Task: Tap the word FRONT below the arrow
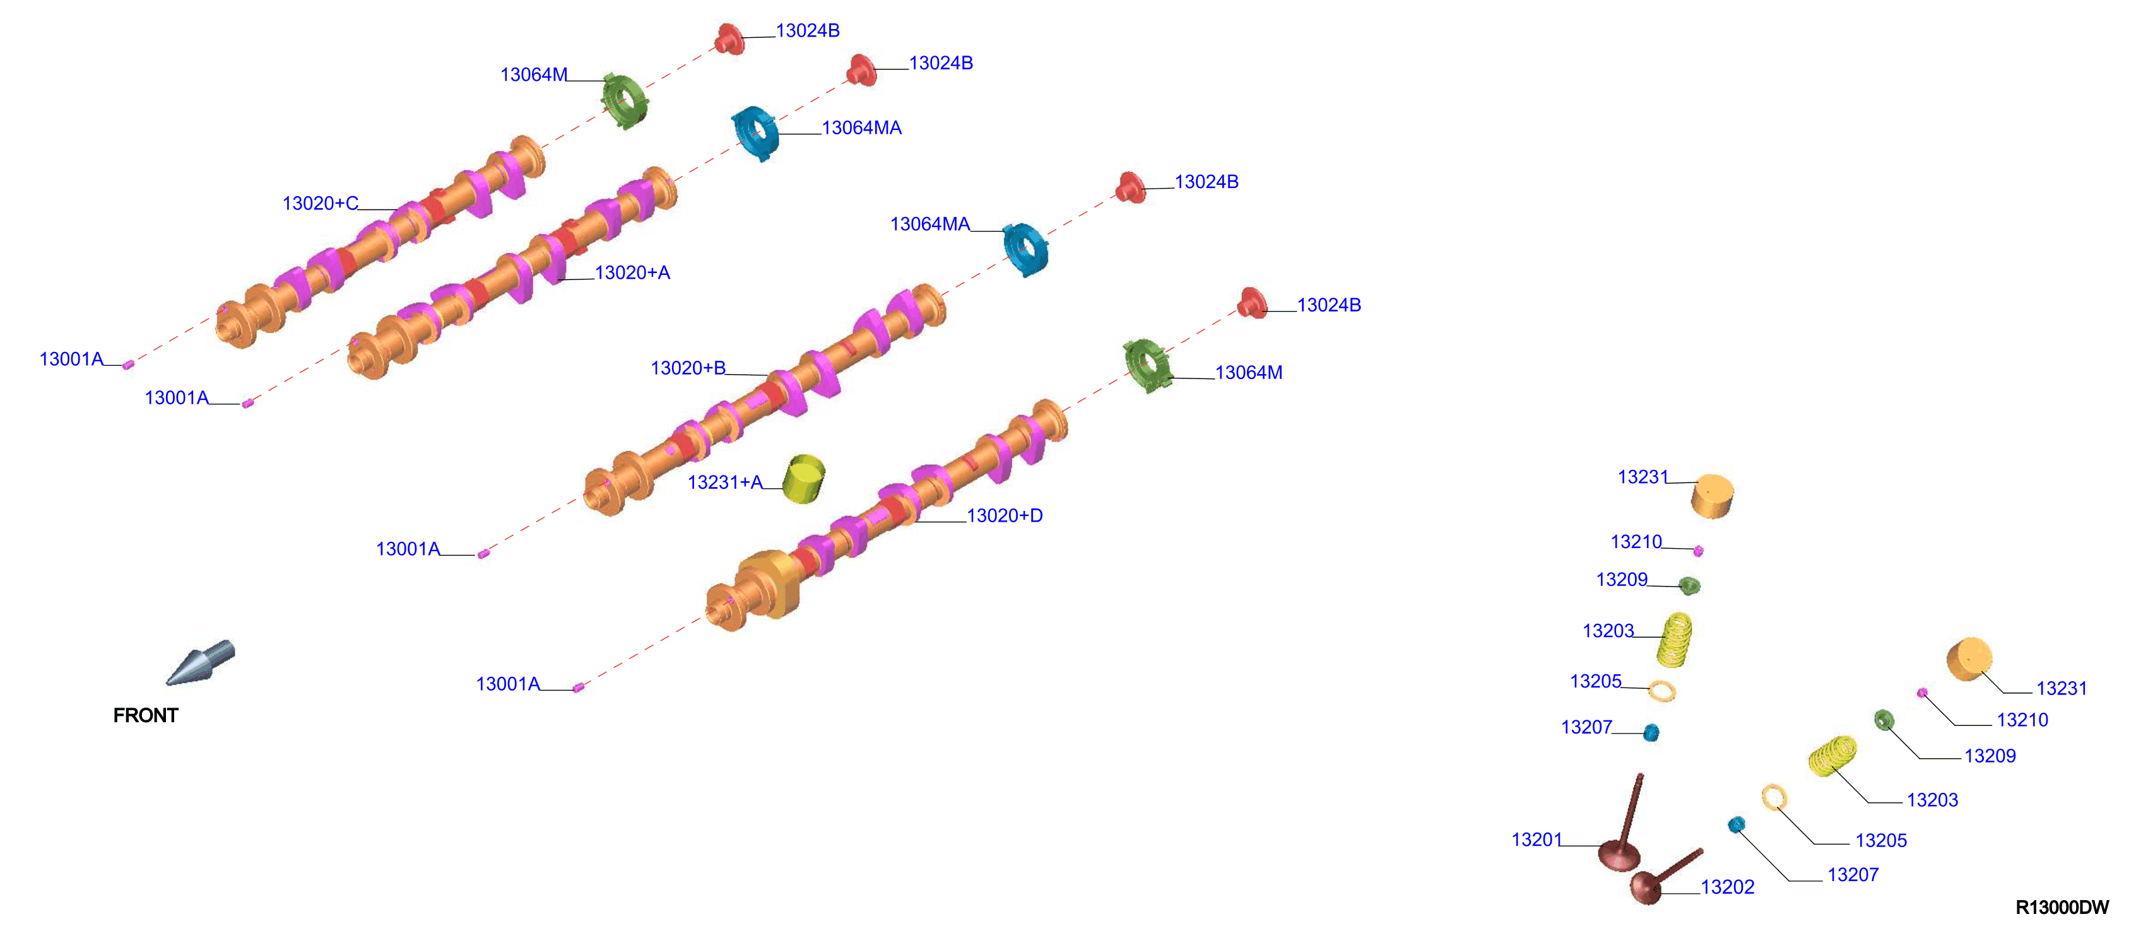click(146, 715)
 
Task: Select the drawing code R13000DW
click(2062, 907)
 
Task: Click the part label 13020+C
click(320, 203)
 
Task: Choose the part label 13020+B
click(688, 368)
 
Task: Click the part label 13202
click(1727, 887)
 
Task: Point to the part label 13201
click(1537, 840)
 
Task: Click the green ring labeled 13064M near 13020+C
click(623, 101)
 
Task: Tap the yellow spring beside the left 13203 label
click(1675, 639)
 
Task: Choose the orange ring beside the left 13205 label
click(1661, 691)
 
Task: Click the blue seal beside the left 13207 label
click(1651, 732)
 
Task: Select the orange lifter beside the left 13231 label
click(1713, 496)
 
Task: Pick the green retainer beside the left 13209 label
click(1689, 586)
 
